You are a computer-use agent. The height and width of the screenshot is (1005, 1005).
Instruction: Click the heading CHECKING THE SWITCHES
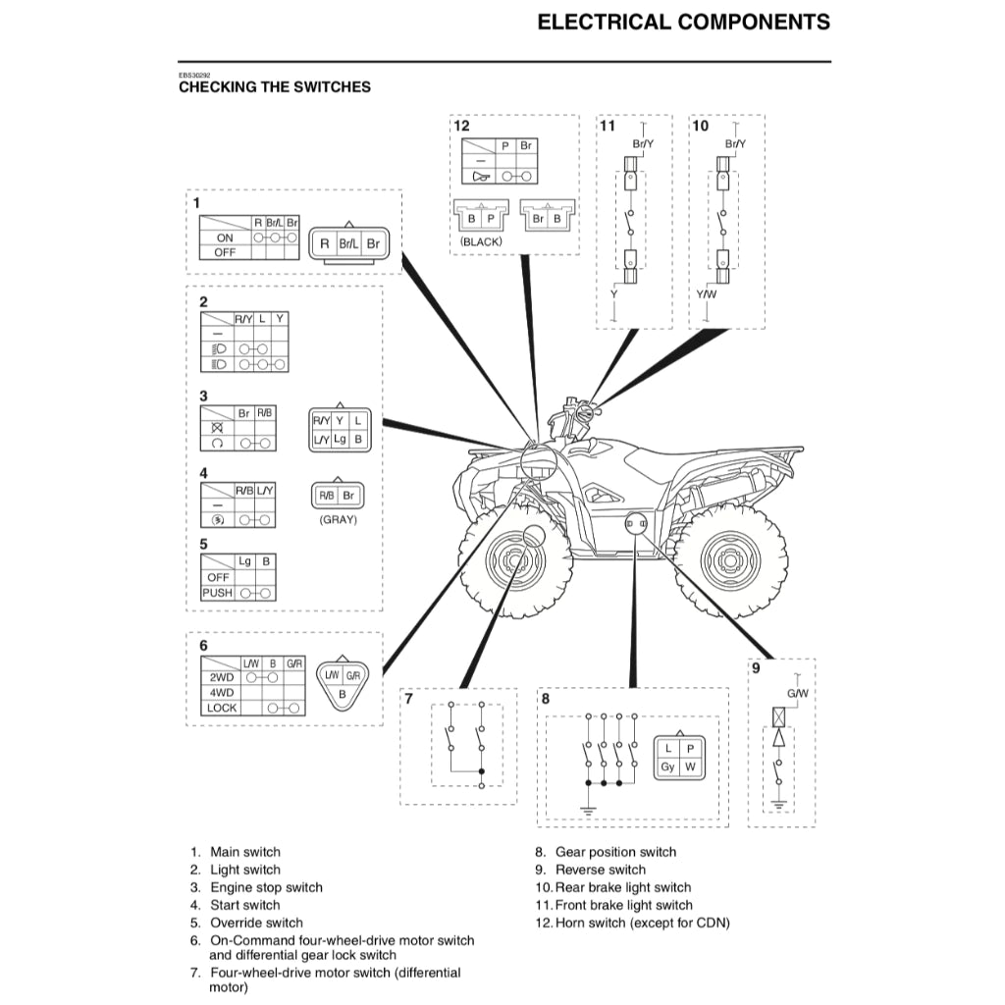click(x=275, y=87)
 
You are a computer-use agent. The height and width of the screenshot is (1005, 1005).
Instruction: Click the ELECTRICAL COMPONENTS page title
click(x=683, y=23)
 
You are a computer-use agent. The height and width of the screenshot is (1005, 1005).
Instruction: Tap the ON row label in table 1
click(x=225, y=238)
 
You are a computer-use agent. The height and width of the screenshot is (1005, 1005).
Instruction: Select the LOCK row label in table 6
click(x=222, y=708)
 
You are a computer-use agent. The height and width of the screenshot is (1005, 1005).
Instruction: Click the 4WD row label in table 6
click(x=221, y=692)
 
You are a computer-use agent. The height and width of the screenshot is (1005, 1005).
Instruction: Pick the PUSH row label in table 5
click(x=217, y=593)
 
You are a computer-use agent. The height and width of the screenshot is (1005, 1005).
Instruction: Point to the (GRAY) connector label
click(x=339, y=520)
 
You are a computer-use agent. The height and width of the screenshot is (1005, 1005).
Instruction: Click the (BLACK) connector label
click(x=481, y=241)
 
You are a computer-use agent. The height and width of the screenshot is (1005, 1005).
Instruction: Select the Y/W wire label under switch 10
click(x=707, y=293)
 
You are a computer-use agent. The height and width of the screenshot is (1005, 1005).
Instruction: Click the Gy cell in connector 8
click(x=667, y=767)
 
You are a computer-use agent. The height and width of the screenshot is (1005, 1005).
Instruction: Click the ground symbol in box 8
click(x=586, y=810)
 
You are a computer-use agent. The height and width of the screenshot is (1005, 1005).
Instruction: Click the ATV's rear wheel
click(x=731, y=564)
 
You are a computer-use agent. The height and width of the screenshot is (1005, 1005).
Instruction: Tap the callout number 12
click(x=461, y=126)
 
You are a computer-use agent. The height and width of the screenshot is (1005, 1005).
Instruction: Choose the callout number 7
click(x=408, y=699)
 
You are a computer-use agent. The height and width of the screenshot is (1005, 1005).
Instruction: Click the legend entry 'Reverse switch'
click(x=601, y=870)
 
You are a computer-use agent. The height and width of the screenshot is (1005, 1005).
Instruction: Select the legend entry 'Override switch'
click(x=256, y=923)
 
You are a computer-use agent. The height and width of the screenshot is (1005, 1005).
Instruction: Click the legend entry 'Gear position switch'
click(x=615, y=852)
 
